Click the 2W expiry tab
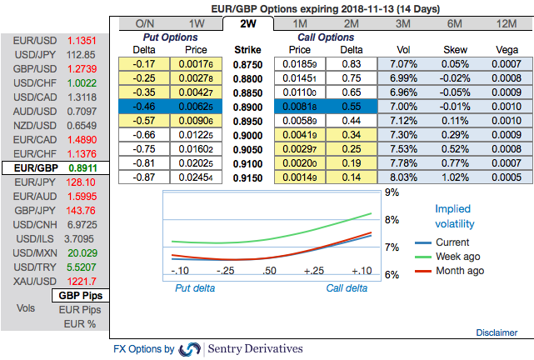[247, 23]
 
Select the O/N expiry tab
[144, 23]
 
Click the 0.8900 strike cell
[247, 109]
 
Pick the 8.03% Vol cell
[402, 177]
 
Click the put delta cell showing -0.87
[147, 177]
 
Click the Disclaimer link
[496, 332]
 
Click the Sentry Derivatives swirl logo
[190, 348]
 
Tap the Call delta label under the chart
[347, 288]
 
